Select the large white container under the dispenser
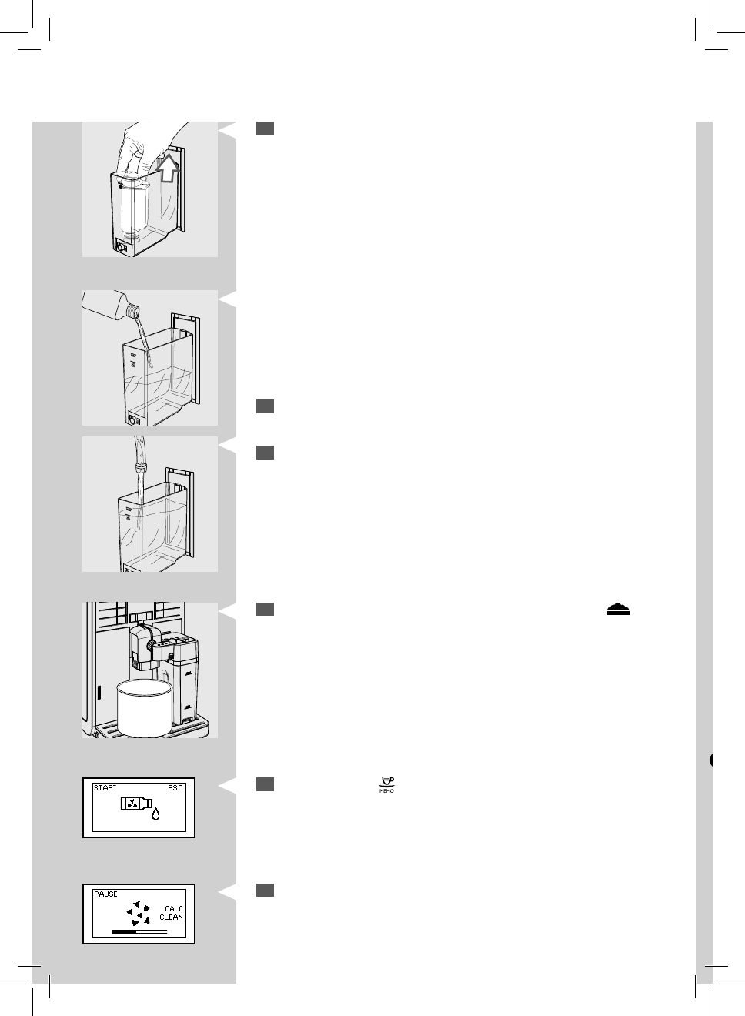click(142, 708)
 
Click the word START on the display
click(105, 788)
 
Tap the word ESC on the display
click(175, 788)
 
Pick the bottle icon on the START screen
click(133, 805)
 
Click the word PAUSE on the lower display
click(106, 894)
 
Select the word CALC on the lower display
click(173, 909)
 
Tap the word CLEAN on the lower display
click(171, 917)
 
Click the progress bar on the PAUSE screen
click(139, 931)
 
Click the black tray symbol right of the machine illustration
click(618, 609)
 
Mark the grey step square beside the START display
click(266, 784)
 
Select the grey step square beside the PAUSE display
click(266, 890)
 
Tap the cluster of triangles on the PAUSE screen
click(138, 913)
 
